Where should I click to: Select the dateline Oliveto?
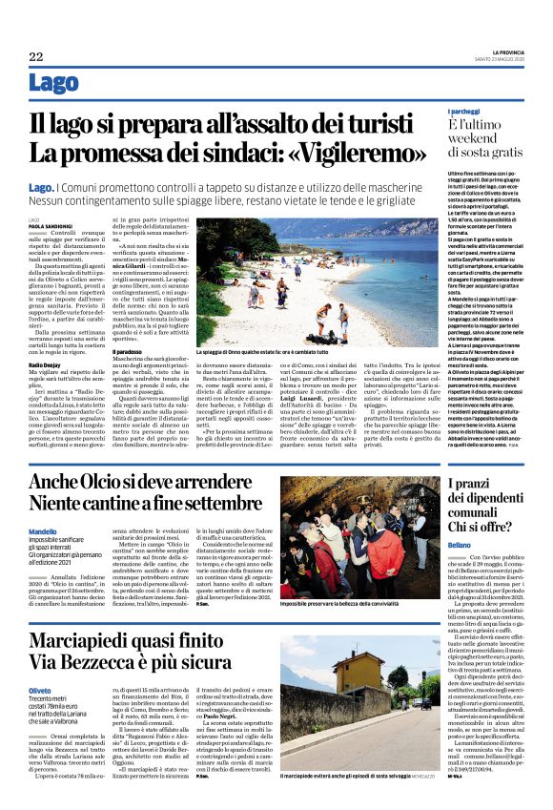[40, 662]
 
